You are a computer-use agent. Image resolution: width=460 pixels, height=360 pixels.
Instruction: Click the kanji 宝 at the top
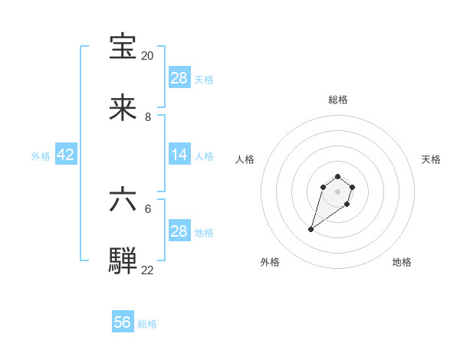(x=123, y=47)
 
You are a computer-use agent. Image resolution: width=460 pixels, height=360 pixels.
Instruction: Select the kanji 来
(x=123, y=109)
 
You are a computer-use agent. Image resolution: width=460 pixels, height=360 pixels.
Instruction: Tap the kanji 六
(x=123, y=200)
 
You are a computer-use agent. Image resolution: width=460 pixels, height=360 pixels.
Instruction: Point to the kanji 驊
(x=123, y=260)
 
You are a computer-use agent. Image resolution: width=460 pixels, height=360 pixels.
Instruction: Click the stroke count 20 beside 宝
(x=147, y=56)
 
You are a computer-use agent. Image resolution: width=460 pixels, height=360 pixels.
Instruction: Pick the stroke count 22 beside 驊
(x=147, y=270)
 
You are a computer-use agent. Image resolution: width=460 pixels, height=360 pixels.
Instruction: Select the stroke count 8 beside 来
(x=148, y=117)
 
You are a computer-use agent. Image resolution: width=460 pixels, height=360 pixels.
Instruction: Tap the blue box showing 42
(x=66, y=155)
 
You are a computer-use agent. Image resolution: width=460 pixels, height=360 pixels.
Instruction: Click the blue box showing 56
(x=123, y=322)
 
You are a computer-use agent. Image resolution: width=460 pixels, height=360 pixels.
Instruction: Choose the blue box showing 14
(x=179, y=155)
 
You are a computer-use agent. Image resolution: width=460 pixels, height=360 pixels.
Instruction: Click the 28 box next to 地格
(x=179, y=231)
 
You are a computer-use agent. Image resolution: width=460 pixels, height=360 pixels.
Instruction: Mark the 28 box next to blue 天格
(x=179, y=78)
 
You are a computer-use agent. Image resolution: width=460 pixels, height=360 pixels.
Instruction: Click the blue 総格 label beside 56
(x=147, y=324)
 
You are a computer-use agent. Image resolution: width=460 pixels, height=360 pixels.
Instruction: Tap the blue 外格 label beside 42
(x=41, y=156)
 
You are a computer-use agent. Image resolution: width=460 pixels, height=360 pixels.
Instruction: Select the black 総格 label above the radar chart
(x=337, y=100)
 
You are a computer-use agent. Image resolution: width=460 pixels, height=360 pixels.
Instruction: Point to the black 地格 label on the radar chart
(x=402, y=262)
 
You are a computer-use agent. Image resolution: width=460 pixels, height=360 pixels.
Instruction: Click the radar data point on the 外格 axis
(x=311, y=228)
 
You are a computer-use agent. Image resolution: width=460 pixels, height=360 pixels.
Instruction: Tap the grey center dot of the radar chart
(x=337, y=191)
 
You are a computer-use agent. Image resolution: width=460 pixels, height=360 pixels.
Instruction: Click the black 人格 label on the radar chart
(x=245, y=159)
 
